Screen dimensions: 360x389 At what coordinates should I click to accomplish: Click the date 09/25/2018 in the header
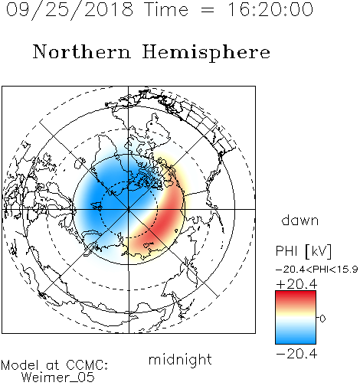[x=70, y=10]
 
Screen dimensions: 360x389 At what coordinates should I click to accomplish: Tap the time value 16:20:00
[x=270, y=9]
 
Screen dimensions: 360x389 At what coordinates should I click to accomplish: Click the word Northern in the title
[x=82, y=52]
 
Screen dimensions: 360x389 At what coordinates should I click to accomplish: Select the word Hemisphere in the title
[x=206, y=53]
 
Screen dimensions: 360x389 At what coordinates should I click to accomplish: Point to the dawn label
[x=300, y=220]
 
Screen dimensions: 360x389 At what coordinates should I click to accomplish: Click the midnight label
[x=180, y=360]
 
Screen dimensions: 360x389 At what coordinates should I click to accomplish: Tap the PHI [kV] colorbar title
[x=303, y=251]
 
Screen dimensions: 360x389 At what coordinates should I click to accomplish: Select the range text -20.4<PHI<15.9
[x=316, y=270]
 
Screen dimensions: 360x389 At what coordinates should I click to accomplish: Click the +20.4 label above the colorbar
[x=296, y=284]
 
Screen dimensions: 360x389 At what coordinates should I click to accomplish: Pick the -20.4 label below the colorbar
[x=296, y=354]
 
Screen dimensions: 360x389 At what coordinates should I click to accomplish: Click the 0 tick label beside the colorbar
[x=322, y=319]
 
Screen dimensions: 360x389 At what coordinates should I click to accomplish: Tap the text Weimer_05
[x=58, y=378]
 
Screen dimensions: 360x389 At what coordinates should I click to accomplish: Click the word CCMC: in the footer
[x=87, y=365]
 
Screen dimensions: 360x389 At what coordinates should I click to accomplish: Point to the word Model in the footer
[x=20, y=365]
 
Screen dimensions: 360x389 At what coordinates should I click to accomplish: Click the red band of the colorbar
[x=296, y=299]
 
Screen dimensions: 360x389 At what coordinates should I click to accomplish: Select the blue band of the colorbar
[x=296, y=337]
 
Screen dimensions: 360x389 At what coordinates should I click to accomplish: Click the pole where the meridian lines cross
[x=129, y=210]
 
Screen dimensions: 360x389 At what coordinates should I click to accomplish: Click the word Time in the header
[x=166, y=10]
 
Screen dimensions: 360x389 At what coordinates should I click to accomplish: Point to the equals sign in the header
[x=208, y=11]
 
